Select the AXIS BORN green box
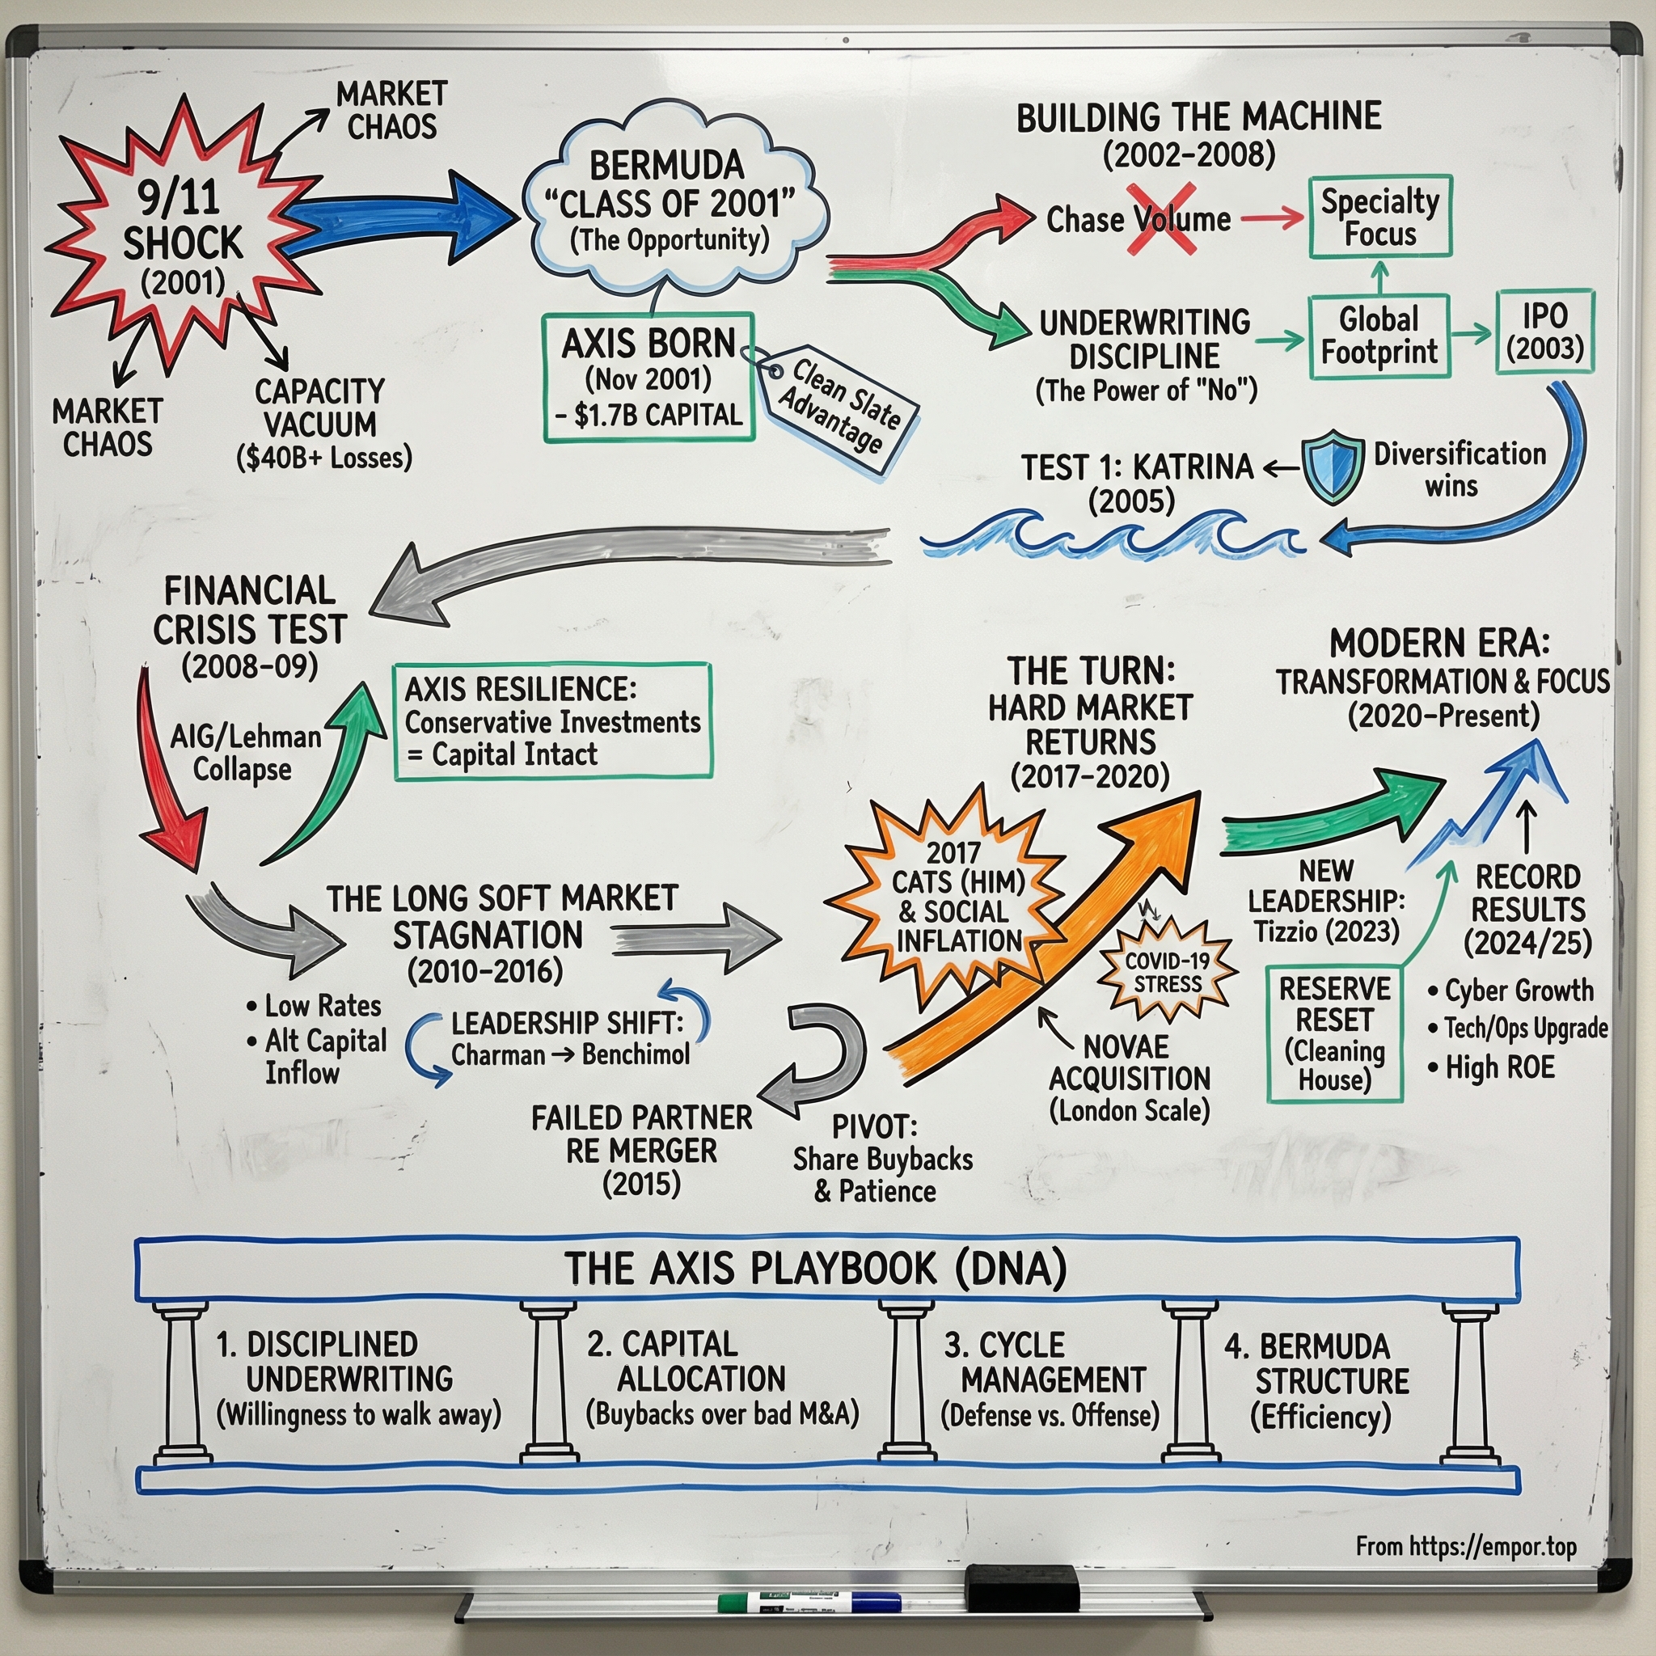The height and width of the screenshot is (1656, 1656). (x=648, y=377)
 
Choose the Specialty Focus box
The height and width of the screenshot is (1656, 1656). (x=1379, y=216)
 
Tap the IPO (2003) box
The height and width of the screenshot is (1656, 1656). (x=1544, y=331)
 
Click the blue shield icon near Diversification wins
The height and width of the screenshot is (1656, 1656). (x=1332, y=467)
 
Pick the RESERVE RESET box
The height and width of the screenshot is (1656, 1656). (x=1333, y=1033)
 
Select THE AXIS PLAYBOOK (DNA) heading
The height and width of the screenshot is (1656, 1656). (x=815, y=1268)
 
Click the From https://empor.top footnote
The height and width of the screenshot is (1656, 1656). (x=1466, y=1546)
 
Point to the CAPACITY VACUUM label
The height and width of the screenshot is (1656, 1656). (x=319, y=408)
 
